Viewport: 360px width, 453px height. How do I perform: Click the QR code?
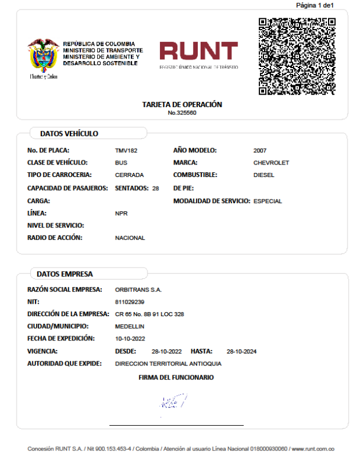297,56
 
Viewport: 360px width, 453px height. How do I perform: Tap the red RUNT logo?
198,55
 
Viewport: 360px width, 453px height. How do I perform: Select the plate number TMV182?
126,150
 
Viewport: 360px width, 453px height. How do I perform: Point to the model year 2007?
261,150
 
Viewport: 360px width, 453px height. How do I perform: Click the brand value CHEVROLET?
271,163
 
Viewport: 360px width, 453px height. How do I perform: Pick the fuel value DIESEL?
265,175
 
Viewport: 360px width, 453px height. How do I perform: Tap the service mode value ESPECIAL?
268,201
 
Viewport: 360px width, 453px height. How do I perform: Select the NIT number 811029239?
130,302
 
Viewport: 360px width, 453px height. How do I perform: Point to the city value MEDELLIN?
130,326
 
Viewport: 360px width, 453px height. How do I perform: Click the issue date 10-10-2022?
130,339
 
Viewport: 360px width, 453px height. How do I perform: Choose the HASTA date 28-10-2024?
242,352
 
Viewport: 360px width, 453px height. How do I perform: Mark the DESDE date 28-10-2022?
167,352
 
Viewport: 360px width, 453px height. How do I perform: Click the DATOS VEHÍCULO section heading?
69,134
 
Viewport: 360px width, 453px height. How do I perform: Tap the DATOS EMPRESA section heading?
65,274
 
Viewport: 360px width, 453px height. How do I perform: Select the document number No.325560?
182,113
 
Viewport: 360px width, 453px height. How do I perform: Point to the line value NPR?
121,213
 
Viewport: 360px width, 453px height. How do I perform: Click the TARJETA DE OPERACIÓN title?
182,104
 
